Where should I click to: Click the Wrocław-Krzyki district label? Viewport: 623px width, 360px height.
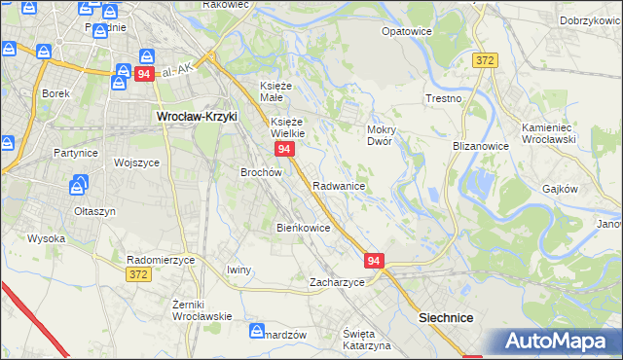[x=198, y=116]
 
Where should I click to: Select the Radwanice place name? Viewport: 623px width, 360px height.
[x=339, y=185]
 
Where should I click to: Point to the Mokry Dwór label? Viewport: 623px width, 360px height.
[x=379, y=134]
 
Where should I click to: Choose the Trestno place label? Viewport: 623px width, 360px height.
[x=442, y=99]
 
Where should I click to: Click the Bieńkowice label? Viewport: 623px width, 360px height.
[x=304, y=228]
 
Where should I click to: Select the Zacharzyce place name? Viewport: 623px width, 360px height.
[x=337, y=282]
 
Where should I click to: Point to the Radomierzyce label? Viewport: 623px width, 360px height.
[x=162, y=260]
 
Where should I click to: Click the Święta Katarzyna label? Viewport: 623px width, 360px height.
[x=366, y=340]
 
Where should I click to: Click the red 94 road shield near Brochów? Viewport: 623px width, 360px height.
[x=284, y=149]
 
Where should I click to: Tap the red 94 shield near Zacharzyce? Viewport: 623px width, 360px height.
[x=376, y=261]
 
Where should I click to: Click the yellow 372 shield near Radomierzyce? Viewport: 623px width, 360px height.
[x=139, y=275]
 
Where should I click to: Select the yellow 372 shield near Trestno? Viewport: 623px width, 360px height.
[x=486, y=60]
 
